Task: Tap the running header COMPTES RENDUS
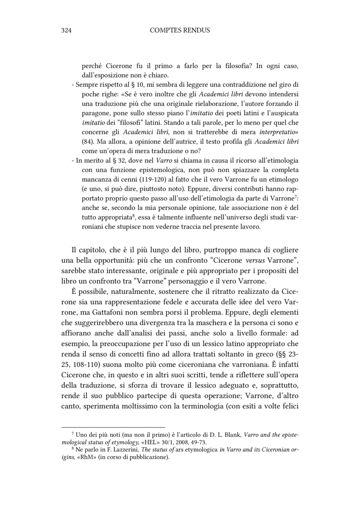(x=180, y=30)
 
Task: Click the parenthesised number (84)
(x=88, y=142)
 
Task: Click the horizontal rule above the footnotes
(x=113, y=426)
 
